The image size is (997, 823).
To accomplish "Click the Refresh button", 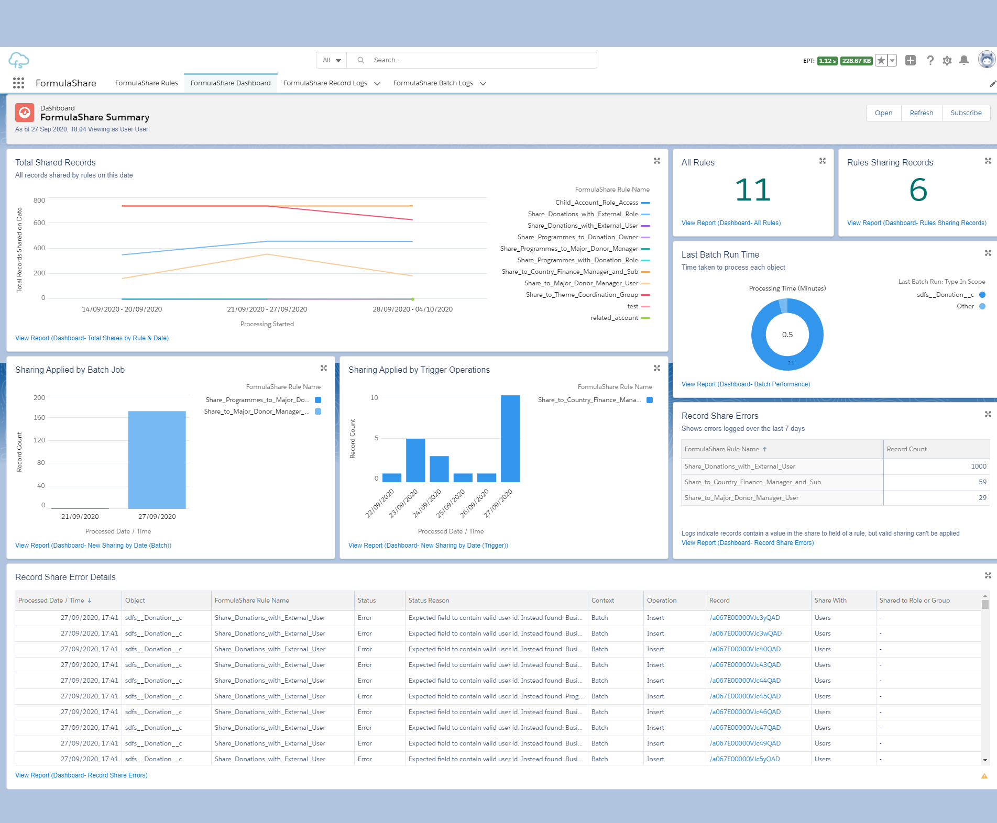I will (x=921, y=113).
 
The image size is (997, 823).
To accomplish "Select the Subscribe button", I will (x=966, y=113).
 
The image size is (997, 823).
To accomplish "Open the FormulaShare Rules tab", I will (x=146, y=83).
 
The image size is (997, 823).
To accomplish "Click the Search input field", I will (x=482, y=60).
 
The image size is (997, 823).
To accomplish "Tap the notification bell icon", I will (x=963, y=61).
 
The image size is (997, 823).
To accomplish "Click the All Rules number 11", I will (x=752, y=190).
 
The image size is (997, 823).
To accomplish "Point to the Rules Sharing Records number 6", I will (x=918, y=190).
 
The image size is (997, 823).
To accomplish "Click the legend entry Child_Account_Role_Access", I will (x=597, y=203).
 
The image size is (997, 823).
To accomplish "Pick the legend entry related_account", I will (x=614, y=318).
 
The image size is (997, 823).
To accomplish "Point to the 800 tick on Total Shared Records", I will (x=39, y=201).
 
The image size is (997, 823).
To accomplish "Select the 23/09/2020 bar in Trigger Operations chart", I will (x=415, y=460).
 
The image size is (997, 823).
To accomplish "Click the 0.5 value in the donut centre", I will (x=787, y=335).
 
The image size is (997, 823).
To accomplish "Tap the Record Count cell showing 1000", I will (x=978, y=466).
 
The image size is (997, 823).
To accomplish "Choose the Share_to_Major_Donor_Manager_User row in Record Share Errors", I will (x=741, y=498).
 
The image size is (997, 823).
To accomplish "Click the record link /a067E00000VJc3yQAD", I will (x=744, y=618).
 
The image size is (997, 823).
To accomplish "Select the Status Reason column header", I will (x=429, y=600).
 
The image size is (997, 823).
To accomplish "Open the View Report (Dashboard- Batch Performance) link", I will (x=746, y=384).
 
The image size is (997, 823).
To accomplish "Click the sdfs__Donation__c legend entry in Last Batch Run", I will (x=945, y=295).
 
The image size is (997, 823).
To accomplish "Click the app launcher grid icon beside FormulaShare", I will (x=19, y=83).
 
